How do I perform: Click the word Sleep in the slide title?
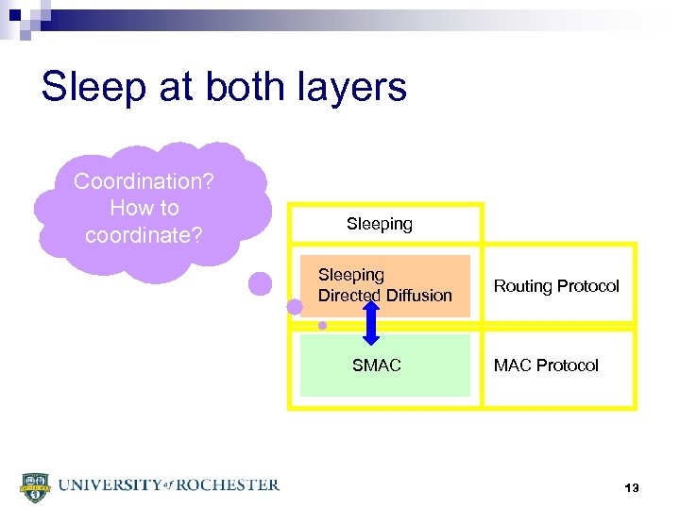point(91,87)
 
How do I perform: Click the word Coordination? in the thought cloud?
point(144,180)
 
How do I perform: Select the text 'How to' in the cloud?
point(144,207)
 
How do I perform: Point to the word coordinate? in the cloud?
point(144,234)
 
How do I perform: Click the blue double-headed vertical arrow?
point(371,322)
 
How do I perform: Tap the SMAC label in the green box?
point(376,365)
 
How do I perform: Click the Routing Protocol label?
point(556,286)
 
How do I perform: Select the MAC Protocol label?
point(546,365)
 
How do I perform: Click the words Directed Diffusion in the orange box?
point(384,296)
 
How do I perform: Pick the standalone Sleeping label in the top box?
point(379,224)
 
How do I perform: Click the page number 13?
point(632,488)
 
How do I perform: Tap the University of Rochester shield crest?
point(34,485)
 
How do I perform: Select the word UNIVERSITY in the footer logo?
point(108,484)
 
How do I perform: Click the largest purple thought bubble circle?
point(260,283)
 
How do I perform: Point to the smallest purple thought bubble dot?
point(322,325)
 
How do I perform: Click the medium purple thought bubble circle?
point(295,307)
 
